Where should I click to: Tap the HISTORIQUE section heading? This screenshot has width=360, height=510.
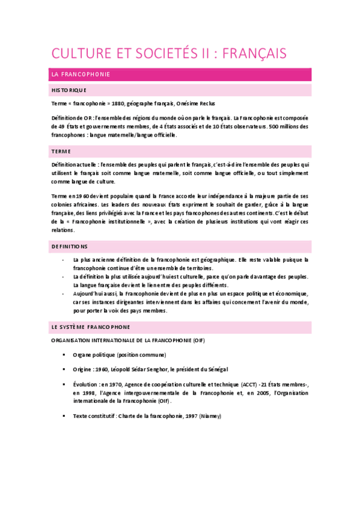click(69, 90)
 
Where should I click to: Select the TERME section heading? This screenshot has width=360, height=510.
click(61, 152)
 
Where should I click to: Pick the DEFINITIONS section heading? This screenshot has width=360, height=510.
click(70, 246)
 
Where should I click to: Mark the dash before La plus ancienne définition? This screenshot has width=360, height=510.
click(64, 260)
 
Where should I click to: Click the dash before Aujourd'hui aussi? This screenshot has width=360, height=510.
click(64, 293)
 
